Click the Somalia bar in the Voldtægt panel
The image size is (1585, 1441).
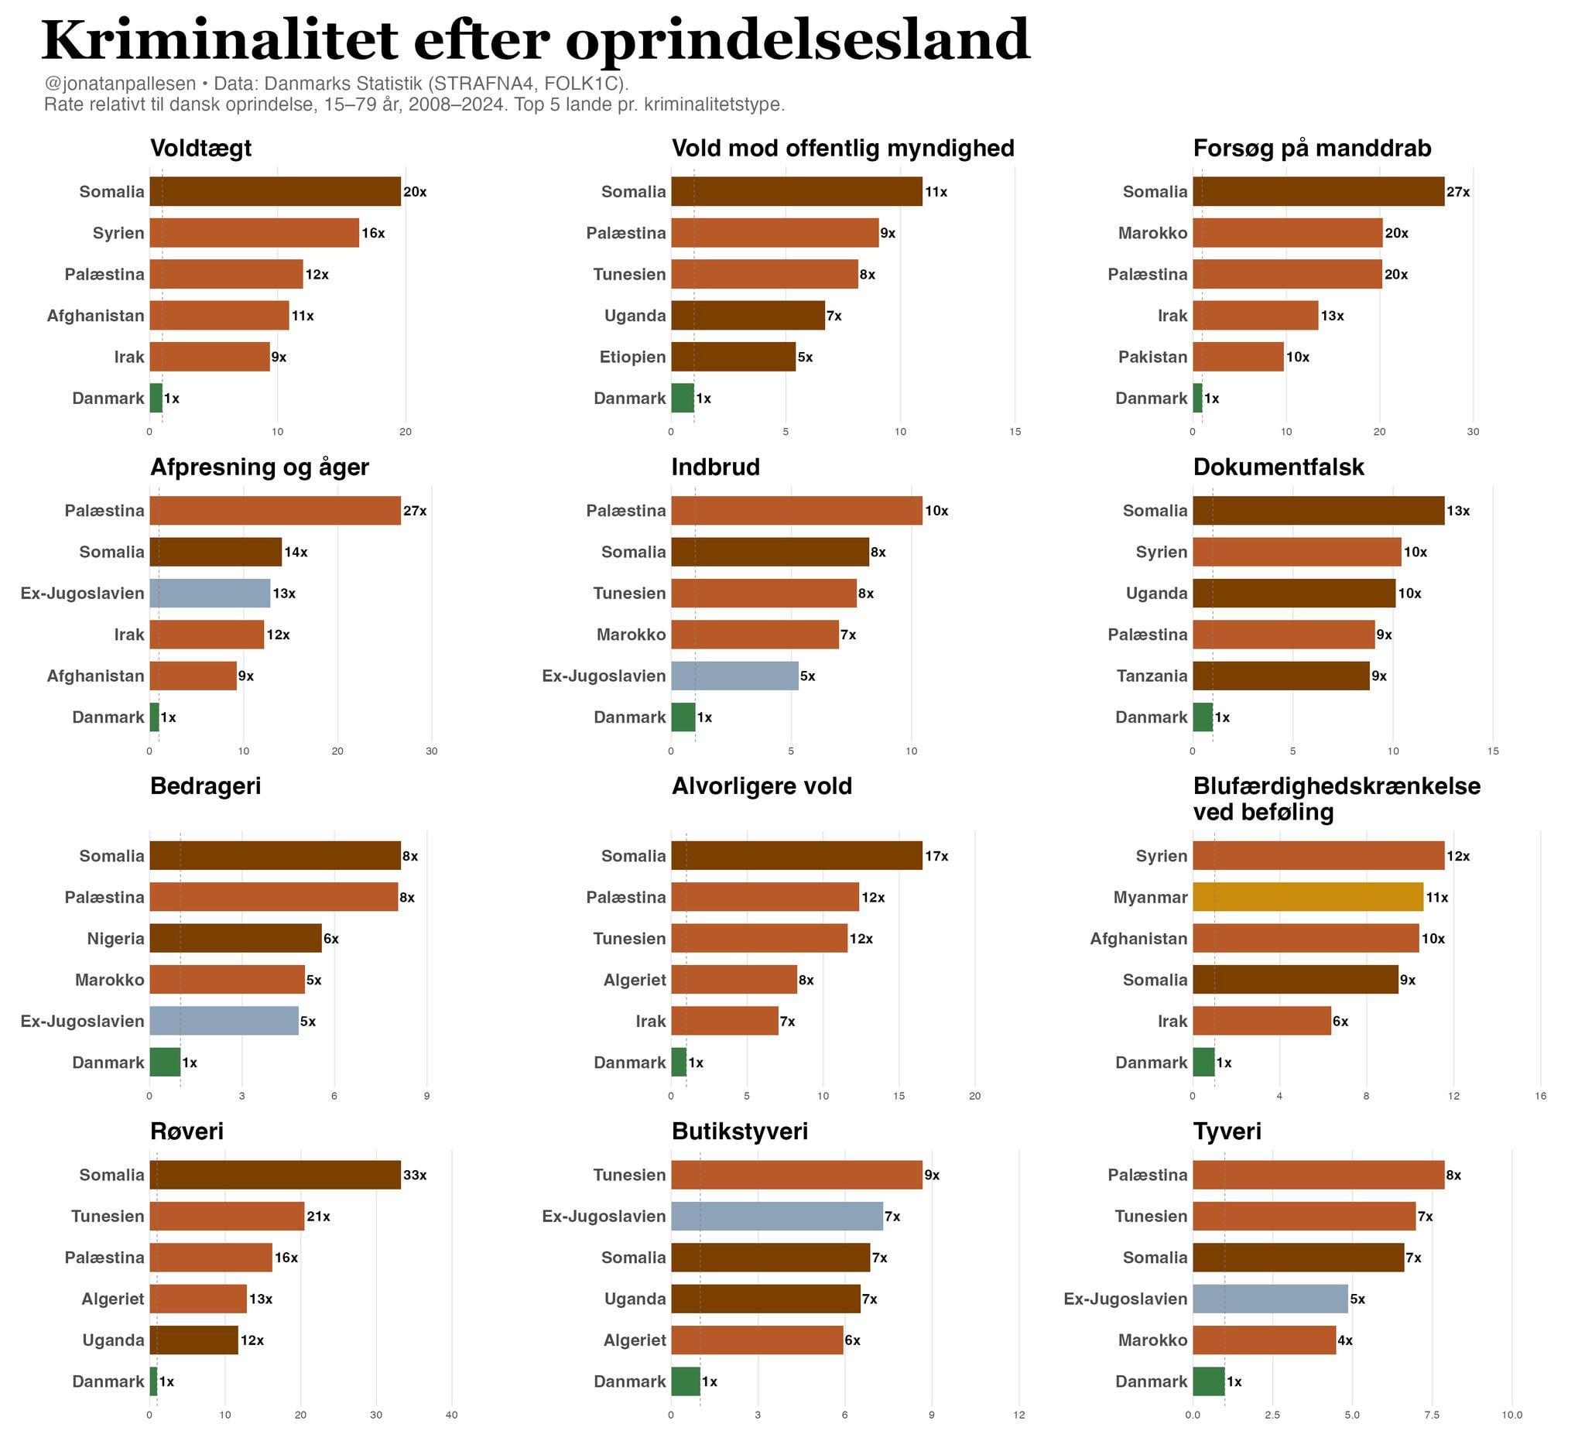[x=276, y=192]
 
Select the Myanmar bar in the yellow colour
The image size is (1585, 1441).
[x=1307, y=897]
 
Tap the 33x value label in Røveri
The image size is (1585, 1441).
[x=414, y=1176]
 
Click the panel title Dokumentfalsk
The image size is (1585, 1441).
[x=1279, y=467]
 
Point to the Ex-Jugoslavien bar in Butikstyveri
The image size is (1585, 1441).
[x=777, y=1216]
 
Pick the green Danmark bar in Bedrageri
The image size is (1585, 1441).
[x=165, y=1062]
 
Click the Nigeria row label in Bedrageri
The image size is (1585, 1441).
[x=115, y=939]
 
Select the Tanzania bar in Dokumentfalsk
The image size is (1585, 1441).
[x=1281, y=676]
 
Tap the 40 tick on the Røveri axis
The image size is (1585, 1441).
[x=451, y=1415]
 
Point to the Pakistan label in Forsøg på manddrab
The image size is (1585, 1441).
[x=1152, y=357]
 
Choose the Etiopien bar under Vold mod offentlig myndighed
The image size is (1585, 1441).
[x=733, y=357]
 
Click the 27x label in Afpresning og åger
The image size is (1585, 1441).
[x=414, y=511]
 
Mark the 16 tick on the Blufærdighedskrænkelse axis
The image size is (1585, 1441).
[x=1540, y=1096]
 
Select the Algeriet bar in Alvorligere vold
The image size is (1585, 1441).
[x=734, y=980]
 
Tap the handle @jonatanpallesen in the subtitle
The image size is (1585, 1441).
[x=119, y=84]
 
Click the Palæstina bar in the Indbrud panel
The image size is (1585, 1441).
[x=796, y=511]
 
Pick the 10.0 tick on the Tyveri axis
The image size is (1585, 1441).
[x=1512, y=1415]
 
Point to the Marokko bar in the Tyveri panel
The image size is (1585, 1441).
[x=1264, y=1340]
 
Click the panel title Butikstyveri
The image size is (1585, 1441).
[x=739, y=1131]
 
